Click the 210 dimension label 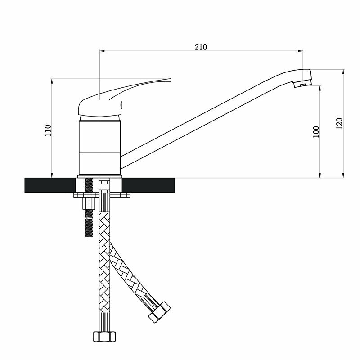pos(201,47)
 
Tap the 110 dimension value pos(48,130)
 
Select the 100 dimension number pos(316,132)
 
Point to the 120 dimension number pos(339,123)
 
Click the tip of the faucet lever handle pos(171,80)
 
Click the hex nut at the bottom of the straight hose pos(104,337)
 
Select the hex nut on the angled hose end pos(159,312)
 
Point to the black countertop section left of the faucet pos(50,185)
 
